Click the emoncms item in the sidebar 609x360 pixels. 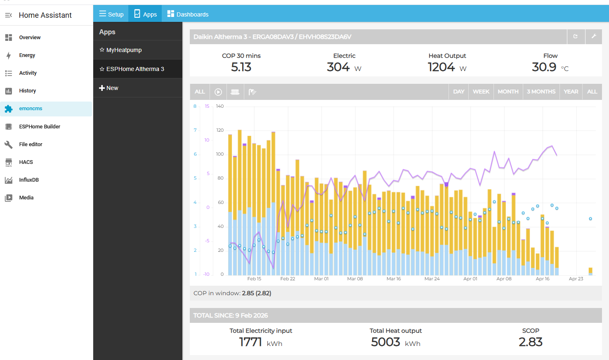pos(31,109)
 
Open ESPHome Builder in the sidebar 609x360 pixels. pos(40,127)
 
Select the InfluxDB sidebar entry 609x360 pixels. pos(29,180)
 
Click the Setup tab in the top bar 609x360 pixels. pos(111,14)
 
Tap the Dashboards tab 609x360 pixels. pos(188,14)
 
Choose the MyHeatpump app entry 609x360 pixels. pos(124,50)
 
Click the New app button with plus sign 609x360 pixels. pos(109,88)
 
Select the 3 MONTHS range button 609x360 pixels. pos(541,92)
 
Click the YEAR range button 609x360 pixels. pos(571,92)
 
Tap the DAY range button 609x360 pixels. pos(458,92)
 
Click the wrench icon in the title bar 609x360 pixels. pos(594,36)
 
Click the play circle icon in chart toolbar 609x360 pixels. pos(218,92)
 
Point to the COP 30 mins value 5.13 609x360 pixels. pos(241,67)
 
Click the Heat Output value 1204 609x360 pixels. pos(441,67)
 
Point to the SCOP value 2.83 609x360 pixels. pos(530,342)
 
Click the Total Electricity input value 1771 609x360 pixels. pos(250,342)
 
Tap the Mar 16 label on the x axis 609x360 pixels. pos(394,279)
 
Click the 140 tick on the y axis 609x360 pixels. pos(220,107)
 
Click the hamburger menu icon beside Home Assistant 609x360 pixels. pos(8,15)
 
